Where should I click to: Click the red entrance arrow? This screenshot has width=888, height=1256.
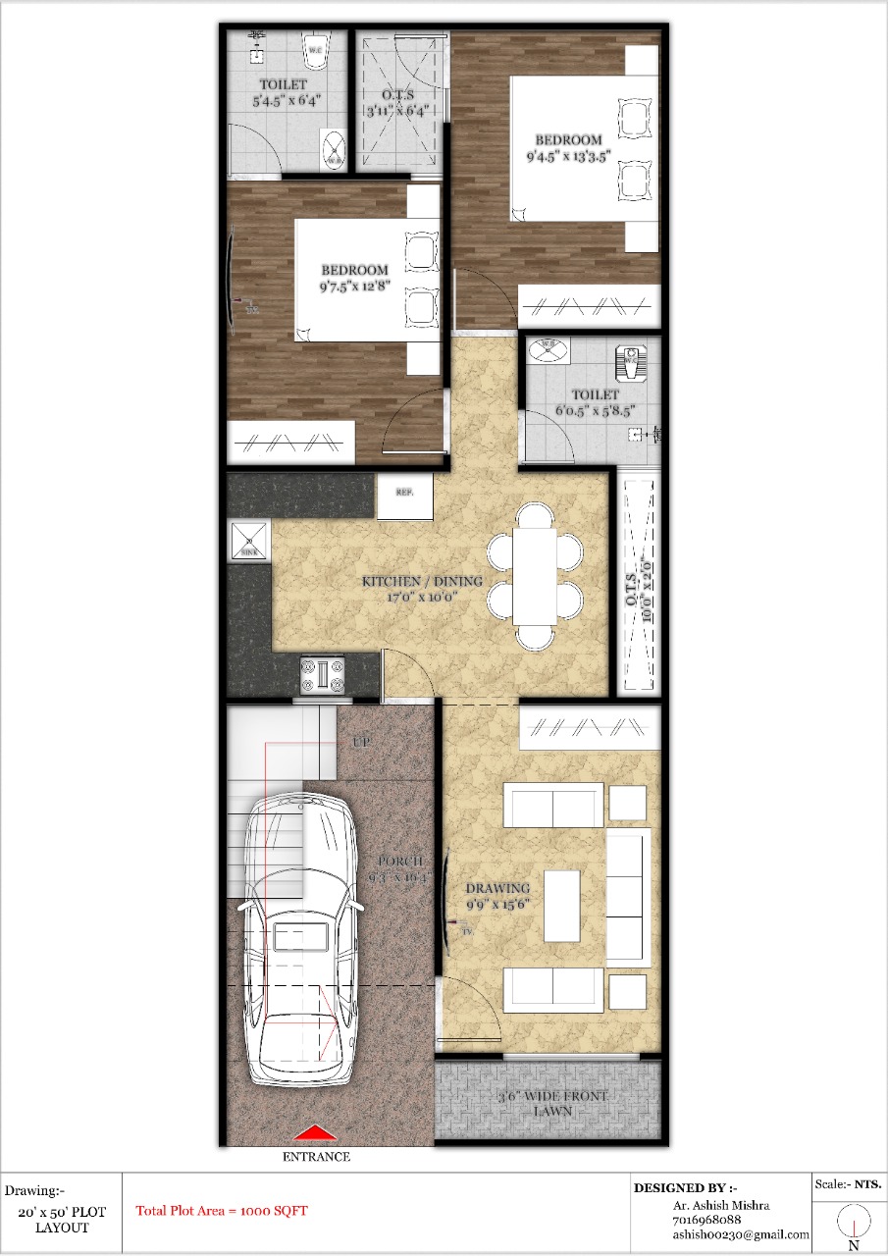(317, 1134)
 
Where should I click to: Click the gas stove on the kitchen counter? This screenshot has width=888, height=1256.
(323, 675)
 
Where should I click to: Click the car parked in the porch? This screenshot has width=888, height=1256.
(299, 942)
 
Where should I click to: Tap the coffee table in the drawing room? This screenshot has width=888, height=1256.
(561, 905)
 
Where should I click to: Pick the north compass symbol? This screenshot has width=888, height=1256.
(854, 1225)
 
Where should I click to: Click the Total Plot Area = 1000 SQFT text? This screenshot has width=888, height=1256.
(221, 1211)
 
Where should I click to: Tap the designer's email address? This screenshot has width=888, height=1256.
(741, 1234)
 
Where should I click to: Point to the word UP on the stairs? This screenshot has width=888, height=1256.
(360, 743)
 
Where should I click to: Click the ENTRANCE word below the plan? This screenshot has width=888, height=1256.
(316, 1157)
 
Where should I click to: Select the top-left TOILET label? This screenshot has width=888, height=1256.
(283, 85)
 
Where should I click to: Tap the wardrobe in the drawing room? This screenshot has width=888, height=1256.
(589, 727)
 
